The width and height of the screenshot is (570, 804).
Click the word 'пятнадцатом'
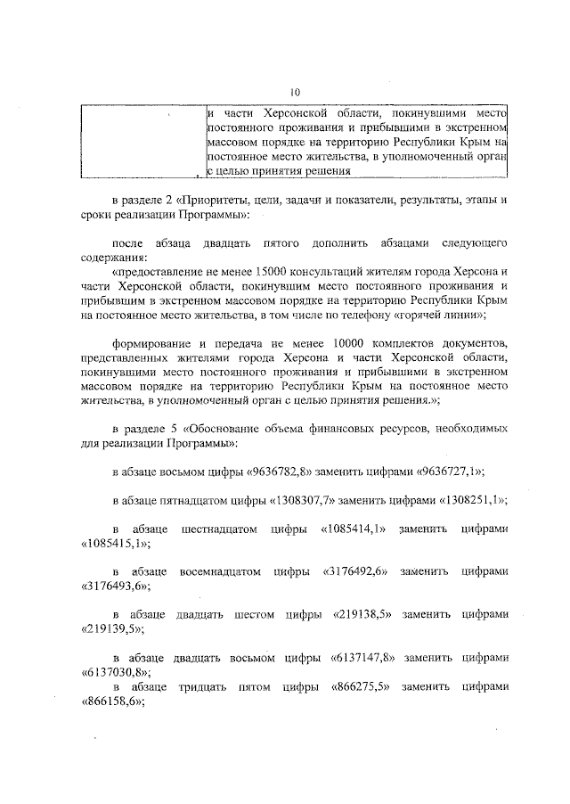point(199,500)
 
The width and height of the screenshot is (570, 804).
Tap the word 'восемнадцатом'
point(216,571)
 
